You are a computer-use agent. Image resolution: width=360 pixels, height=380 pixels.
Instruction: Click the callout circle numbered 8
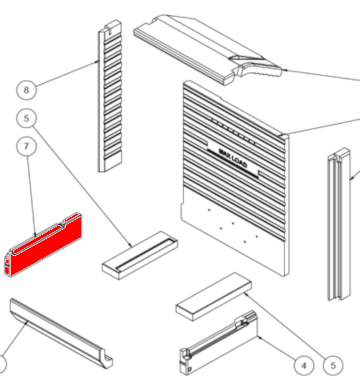(27, 90)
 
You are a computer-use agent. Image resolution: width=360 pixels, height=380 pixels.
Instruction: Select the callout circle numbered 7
(27, 146)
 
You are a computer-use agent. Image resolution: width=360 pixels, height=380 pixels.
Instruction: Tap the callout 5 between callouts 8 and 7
(27, 118)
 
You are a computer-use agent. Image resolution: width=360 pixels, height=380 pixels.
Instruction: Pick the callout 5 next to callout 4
(333, 366)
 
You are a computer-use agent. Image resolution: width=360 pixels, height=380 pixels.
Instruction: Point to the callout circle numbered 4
(304, 366)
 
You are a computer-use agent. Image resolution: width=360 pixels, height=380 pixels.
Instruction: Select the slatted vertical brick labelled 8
(110, 96)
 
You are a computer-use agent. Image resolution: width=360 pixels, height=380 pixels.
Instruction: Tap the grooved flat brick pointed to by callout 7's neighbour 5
(140, 255)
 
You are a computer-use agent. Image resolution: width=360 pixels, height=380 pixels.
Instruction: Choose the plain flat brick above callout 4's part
(214, 297)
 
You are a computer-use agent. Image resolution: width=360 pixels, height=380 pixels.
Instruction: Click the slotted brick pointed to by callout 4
(218, 343)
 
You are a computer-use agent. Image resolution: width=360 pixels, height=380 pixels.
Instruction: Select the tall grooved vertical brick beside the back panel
(339, 224)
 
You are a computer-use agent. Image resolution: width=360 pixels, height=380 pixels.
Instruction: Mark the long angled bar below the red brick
(61, 333)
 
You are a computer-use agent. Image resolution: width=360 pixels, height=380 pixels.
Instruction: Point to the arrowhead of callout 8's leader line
(97, 62)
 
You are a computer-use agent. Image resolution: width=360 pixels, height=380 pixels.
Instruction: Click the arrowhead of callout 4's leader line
(259, 337)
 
